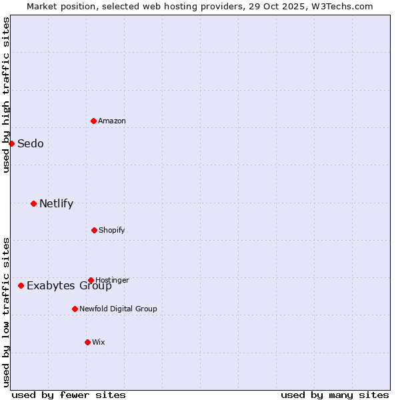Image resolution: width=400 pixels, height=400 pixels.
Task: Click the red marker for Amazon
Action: (93, 121)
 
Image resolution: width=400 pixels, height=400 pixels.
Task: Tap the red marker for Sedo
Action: (11, 143)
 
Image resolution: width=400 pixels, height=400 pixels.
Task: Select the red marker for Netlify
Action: (33, 203)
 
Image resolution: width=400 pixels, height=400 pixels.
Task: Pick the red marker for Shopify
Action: (94, 230)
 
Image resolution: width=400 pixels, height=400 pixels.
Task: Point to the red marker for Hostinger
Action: (91, 280)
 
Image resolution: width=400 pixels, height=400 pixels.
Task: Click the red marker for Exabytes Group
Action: (21, 285)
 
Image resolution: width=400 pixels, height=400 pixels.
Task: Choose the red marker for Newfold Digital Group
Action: (75, 309)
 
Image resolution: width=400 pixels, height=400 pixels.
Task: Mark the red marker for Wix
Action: (87, 342)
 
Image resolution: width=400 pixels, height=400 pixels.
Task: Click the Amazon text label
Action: (112, 121)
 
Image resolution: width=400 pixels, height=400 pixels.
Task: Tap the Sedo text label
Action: (31, 143)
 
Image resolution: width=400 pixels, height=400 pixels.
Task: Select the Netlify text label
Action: (56, 203)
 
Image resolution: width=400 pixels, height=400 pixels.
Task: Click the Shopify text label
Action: (112, 230)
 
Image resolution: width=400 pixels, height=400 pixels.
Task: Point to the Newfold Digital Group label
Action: (118, 309)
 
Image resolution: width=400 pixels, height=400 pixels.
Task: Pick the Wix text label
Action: (99, 342)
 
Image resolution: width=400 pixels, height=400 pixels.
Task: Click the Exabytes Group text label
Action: (69, 286)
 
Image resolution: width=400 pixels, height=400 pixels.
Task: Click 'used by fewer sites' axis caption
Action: (69, 395)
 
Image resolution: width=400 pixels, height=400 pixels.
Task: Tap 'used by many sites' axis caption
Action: (335, 395)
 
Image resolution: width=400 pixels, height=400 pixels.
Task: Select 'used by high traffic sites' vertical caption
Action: (6, 95)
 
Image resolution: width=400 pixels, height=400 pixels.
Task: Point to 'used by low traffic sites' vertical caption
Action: (6, 312)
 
